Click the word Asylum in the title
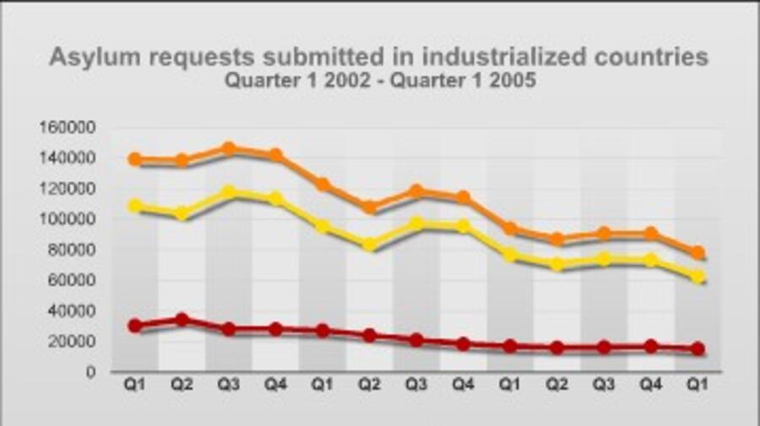tap(90, 57)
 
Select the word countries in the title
tap(650, 57)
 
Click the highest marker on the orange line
tap(229, 148)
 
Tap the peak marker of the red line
tap(182, 320)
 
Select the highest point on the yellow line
tap(229, 192)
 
